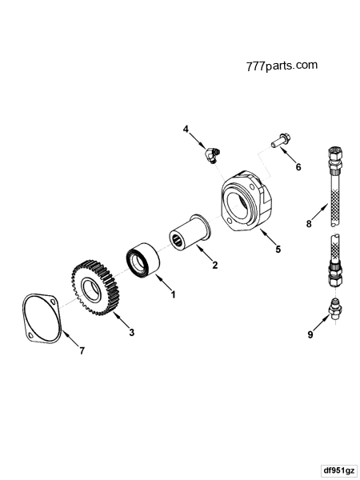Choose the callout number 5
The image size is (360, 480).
tap(277, 249)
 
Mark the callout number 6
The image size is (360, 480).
tap(298, 167)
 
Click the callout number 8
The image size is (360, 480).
tap(307, 224)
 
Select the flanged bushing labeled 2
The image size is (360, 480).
tap(189, 234)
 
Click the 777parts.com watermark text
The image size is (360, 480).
tap(282, 65)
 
